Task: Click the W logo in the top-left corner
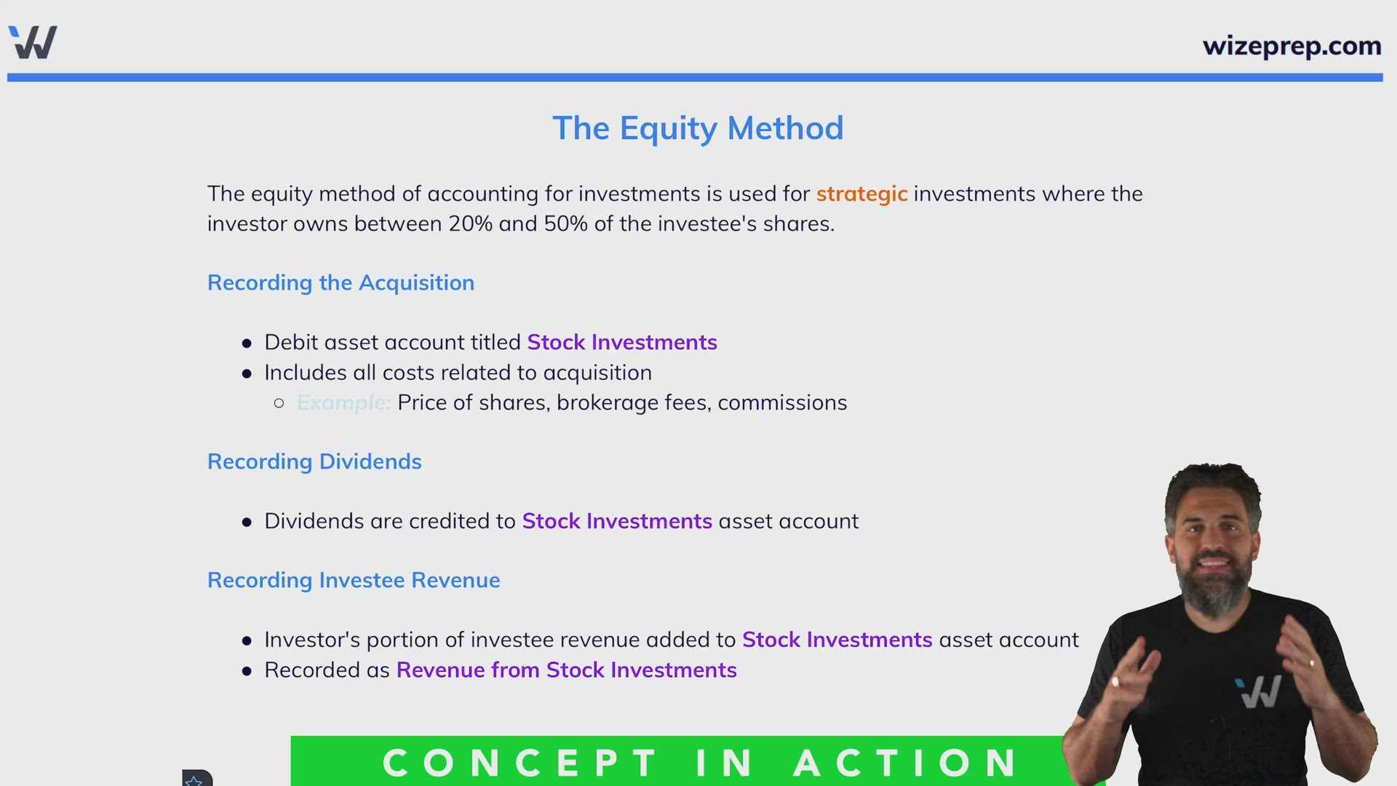33,42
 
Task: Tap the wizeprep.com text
1291,46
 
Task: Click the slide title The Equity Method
698,128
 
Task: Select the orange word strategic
861,194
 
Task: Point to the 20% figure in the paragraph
471,223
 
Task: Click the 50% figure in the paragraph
565,223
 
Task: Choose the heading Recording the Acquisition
341,282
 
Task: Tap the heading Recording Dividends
314,461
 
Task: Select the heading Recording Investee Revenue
354,580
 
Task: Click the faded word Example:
343,402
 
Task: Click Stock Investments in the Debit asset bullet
622,342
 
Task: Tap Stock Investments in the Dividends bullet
617,521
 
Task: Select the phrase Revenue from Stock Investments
566,670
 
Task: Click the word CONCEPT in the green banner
520,763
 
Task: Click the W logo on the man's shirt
1259,691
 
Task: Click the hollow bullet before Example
279,402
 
